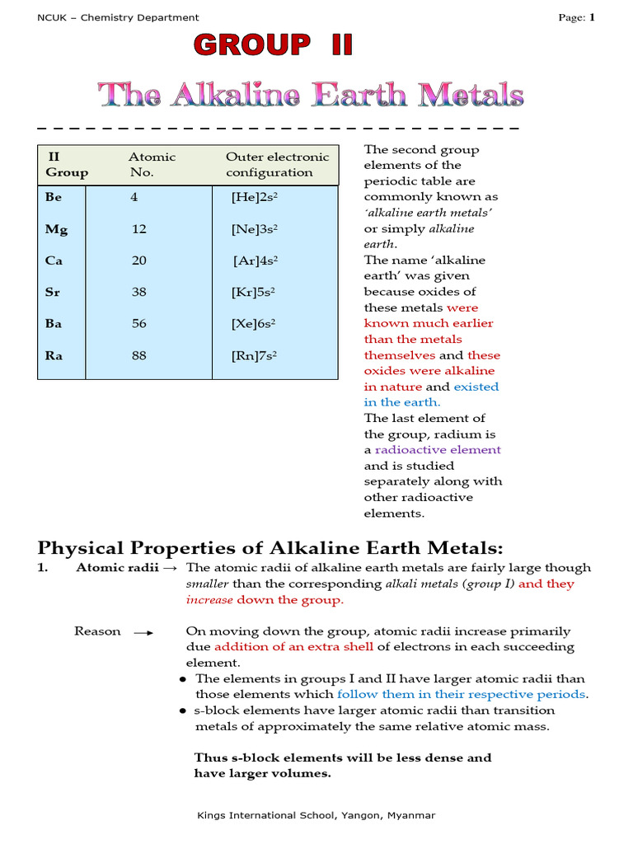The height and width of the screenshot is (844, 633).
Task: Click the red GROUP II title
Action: click(x=273, y=45)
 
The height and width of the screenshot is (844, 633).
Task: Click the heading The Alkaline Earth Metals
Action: click(x=312, y=95)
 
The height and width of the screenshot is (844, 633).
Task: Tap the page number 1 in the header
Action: click(x=591, y=17)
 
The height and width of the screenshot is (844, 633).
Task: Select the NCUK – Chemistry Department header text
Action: click(x=119, y=17)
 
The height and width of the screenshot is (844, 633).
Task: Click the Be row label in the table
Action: click(x=54, y=198)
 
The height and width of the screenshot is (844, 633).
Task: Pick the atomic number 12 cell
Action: click(x=138, y=229)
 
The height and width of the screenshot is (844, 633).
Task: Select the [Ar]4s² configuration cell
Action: click(x=255, y=260)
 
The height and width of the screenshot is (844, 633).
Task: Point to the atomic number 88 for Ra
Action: click(x=138, y=355)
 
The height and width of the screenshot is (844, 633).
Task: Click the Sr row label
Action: click(x=53, y=292)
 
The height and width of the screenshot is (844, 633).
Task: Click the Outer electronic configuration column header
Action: click(x=277, y=165)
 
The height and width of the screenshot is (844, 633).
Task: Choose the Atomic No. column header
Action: click(x=152, y=165)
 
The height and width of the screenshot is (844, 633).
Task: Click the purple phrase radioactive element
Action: click(x=438, y=450)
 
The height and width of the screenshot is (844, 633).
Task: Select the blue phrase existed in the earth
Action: click(x=430, y=394)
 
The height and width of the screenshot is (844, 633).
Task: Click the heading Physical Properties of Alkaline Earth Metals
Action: click(x=270, y=548)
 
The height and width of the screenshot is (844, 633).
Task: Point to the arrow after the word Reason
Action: click(x=143, y=632)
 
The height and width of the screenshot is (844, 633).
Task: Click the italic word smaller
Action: click(x=207, y=584)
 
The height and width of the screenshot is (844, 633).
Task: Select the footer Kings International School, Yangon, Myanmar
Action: click(x=316, y=815)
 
